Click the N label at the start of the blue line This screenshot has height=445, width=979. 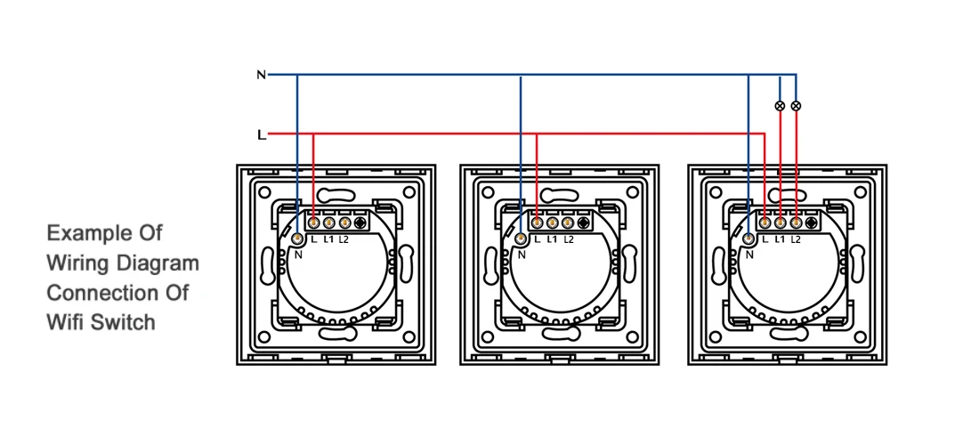click(261, 75)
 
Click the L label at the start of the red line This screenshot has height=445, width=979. click(261, 135)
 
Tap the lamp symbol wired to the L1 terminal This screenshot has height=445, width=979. click(781, 106)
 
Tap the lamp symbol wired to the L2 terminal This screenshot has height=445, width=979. click(796, 106)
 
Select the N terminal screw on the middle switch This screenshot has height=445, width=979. click(520, 238)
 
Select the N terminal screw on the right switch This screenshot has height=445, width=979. click(748, 238)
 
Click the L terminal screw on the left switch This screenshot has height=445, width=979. click(314, 222)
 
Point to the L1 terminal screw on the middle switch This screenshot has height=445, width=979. click(553, 222)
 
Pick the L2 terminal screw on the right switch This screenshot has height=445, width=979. click(796, 222)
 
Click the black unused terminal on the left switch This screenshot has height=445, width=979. click(360, 222)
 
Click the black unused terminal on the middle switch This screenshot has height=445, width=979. click(584, 222)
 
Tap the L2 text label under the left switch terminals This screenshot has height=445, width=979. click(344, 239)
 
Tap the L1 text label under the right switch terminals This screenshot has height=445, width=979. click(780, 239)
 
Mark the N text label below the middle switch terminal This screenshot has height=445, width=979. click(522, 255)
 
